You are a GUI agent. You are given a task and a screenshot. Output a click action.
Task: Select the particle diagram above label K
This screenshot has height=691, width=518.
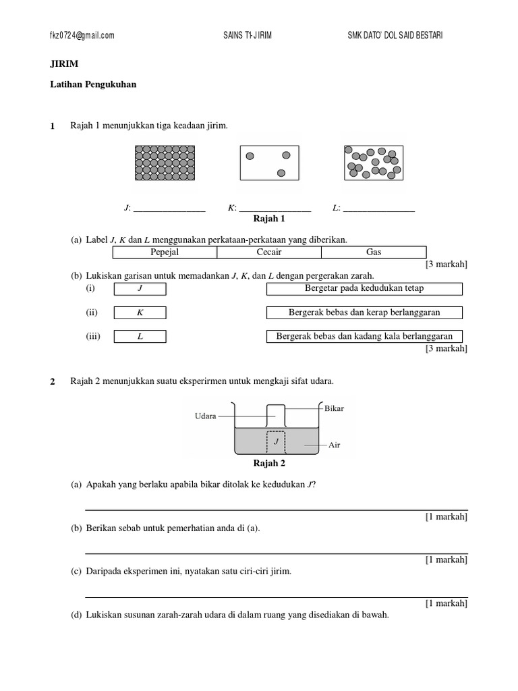[x=269, y=163]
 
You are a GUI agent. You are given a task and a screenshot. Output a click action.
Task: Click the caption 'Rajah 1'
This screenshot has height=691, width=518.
[x=269, y=219]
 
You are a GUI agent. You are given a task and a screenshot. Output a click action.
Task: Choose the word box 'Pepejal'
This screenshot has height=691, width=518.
[x=165, y=252]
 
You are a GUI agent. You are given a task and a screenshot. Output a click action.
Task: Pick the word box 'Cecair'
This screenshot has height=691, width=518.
[x=269, y=252]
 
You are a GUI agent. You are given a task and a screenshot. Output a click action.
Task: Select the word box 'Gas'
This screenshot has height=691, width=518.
[x=374, y=252]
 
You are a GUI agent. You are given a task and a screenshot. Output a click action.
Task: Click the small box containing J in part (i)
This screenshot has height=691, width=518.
[x=140, y=289]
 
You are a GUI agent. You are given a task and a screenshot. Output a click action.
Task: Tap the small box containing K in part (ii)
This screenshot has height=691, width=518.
[x=140, y=313]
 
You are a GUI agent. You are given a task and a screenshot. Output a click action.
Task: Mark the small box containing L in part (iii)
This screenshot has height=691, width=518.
[x=140, y=337]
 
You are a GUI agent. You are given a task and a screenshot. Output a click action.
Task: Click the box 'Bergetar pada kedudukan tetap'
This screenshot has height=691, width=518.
[x=364, y=289]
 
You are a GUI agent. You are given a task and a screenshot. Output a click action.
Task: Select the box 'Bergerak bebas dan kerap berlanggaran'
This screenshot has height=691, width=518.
[x=364, y=312]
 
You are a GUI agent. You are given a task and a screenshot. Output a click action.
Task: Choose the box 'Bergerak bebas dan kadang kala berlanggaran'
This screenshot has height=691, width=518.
[x=364, y=336]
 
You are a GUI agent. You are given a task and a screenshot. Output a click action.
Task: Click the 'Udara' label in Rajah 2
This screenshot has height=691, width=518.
[x=205, y=416]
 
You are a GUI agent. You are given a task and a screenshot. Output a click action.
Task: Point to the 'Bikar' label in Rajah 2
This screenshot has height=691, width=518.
[x=334, y=409]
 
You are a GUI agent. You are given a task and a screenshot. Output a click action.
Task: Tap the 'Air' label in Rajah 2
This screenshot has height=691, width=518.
[x=335, y=445]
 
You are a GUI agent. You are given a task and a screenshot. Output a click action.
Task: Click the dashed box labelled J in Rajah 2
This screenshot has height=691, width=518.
[x=275, y=442]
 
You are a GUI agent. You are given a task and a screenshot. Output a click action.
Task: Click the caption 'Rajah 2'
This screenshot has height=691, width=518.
[x=269, y=464]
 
